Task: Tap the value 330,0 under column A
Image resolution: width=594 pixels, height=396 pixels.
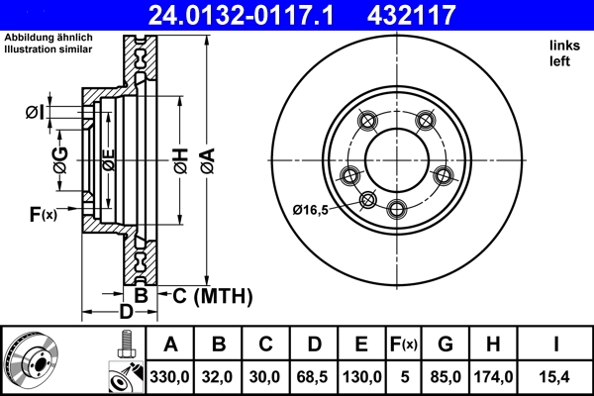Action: coord(170,376)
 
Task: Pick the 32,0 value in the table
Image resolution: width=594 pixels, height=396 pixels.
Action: coord(219,376)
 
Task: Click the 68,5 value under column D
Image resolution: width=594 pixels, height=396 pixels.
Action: coord(314,376)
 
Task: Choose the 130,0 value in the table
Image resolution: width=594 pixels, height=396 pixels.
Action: coord(362,376)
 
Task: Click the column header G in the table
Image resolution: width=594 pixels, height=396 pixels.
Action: coord(445,345)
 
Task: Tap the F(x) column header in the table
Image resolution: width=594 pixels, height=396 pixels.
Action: coord(404,345)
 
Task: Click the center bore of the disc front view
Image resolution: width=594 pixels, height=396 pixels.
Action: coord(398,157)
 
